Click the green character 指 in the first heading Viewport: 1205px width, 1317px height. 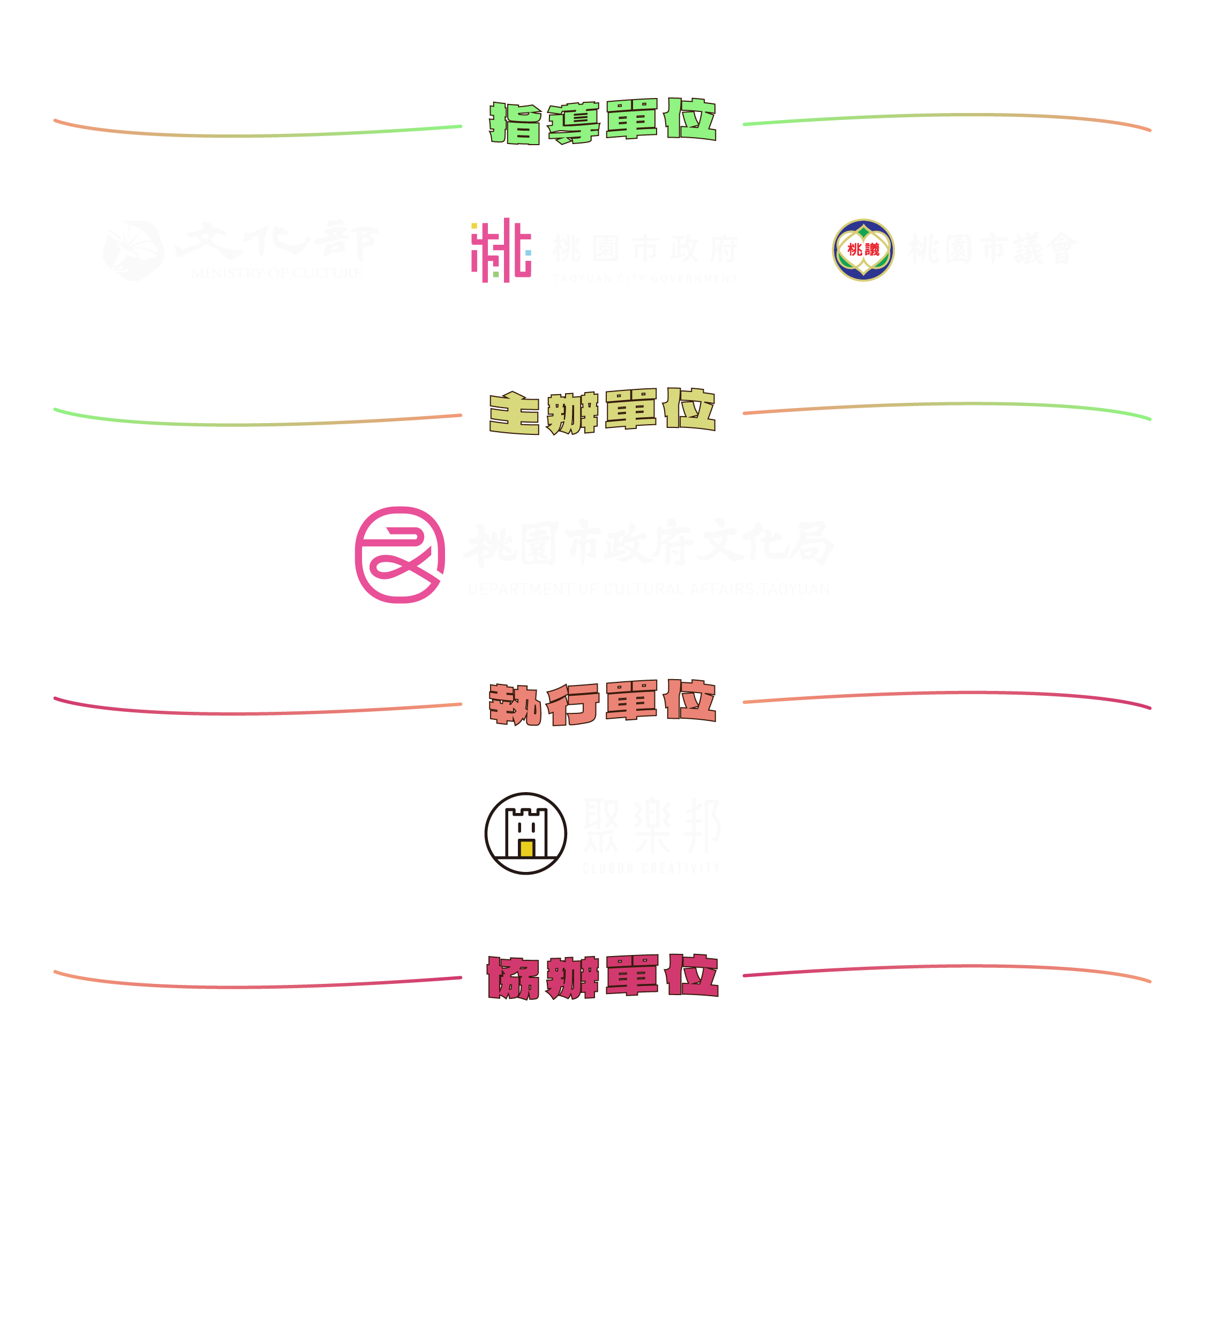point(515,123)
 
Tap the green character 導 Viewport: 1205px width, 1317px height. point(573,123)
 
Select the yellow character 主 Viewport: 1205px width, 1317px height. point(515,413)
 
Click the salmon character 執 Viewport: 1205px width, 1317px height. point(515,704)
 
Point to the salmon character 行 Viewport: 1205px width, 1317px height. point(573,704)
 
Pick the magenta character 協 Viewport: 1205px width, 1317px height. point(512,977)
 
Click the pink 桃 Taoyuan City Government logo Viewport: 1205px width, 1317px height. point(501,250)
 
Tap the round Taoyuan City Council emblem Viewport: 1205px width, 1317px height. point(863,250)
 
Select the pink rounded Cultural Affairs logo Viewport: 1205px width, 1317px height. point(400,555)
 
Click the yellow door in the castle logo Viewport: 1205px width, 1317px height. point(526,848)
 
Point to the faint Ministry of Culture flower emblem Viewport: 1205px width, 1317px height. point(133,250)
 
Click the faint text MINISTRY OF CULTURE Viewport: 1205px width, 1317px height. point(276,273)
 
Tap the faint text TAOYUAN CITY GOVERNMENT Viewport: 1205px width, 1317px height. point(645,279)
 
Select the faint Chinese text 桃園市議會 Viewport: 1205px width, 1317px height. point(993,249)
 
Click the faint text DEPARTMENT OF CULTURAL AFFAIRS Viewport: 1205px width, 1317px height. point(649,589)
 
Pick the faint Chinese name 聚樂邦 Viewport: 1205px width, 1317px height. point(651,826)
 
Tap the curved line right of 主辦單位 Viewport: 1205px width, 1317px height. point(947,405)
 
